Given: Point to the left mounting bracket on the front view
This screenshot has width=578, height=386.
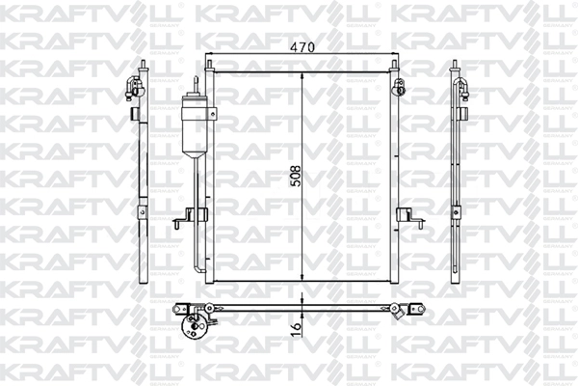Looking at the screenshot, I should (182, 222).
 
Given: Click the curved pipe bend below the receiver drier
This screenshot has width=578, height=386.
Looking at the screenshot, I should (198, 265).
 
